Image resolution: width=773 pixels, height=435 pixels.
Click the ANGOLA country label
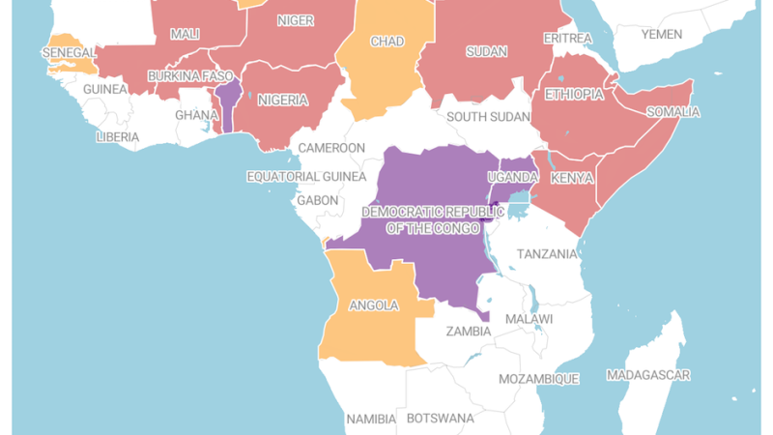[373, 305]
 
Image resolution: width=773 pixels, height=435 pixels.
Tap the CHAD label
[387, 43]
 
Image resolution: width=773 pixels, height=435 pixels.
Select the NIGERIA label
[283, 100]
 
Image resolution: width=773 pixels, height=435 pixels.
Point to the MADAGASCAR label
[648, 374]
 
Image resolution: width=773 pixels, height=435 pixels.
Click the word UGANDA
[513, 177]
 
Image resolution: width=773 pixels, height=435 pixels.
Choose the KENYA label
[572, 179]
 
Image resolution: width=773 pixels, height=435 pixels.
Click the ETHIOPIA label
[574, 95]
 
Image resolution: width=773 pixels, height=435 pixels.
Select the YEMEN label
[662, 34]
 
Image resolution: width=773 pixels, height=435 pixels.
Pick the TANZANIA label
[548, 253]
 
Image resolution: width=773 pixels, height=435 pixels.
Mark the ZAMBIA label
[469, 331]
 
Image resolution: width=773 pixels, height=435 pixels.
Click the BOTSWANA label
[441, 419]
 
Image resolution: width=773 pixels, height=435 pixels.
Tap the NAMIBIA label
[371, 419]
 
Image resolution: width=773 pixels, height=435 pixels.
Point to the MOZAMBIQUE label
[538, 379]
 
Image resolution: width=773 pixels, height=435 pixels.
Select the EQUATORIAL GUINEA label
[306, 177]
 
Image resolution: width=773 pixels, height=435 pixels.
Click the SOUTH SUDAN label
[488, 117]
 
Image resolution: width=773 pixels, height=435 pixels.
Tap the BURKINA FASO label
[191, 75]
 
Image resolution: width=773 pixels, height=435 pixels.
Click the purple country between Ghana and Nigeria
[228, 101]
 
